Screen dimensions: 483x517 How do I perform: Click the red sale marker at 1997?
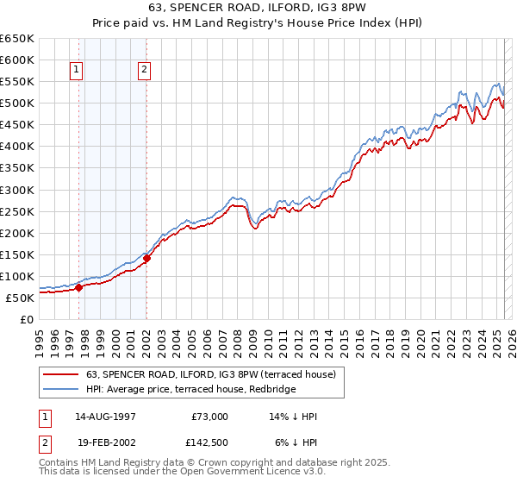pyautogui.click(x=78, y=288)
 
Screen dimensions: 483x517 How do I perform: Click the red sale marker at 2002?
pyautogui.click(x=146, y=258)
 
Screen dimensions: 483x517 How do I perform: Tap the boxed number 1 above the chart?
pyautogui.click(x=78, y=71)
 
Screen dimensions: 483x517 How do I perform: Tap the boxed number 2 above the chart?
pyautogui.click(x=144, y=71)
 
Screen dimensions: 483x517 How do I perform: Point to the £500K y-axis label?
pyautogui.click(x=19, y=103)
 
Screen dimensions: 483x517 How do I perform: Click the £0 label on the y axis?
pyautogui.click(x=28, y=319)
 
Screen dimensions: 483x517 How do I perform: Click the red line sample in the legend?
pyautogui.click(x=62, y=373)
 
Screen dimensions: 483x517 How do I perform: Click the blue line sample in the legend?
pyautogui.click(x=62, y=389)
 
